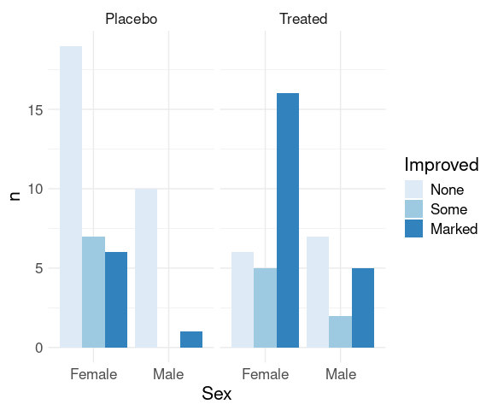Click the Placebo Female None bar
pos(71,196)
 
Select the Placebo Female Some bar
pos(93,292)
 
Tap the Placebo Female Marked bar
pos(116,300)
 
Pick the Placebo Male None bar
pos(146,268)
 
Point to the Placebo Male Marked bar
pos(191,339)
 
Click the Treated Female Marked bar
pos(288,220)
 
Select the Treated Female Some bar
pos(265,307)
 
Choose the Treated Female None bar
pos(243,300)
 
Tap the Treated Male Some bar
pos(341,332)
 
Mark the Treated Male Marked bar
pos(363,307)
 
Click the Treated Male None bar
pos(318,292)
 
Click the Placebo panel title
pos(132,19)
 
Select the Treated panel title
pos(303,19)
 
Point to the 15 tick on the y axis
pos(36,110)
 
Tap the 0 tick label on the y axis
pos(39,348)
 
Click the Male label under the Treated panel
pos(341,374)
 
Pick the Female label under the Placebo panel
pos(93,374)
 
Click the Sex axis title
pos(217,394)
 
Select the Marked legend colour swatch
pos(413,228)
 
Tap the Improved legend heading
pos(442,165)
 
